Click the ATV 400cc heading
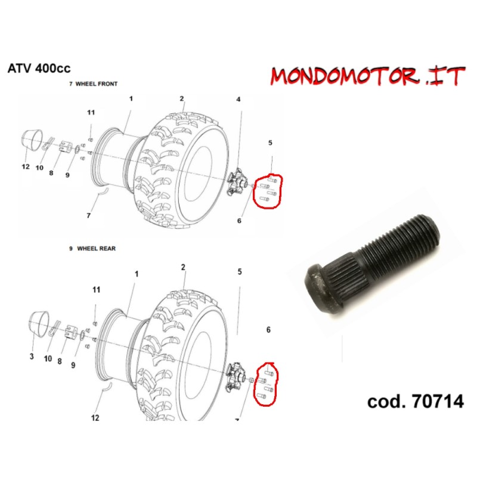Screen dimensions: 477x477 [x=39, y=68]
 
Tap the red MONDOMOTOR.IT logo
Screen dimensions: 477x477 [x=368, y=76]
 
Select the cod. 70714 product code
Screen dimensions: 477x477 [x=416, y=401]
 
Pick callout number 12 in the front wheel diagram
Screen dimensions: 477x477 [x=26, y=167]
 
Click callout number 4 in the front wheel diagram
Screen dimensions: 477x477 [x=238, y=99]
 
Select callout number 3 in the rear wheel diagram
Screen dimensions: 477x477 [x=32, y=356]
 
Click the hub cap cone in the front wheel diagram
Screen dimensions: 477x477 [x=32, y=140]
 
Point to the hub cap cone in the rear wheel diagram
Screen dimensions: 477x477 [x=39, y=323]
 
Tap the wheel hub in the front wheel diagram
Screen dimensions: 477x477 [x=237, y=182]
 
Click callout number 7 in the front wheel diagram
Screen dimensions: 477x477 [x=88, y=216]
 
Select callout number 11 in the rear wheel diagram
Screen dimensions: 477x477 [x=96, y=290]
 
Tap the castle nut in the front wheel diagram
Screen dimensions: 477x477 [x=66, y=147]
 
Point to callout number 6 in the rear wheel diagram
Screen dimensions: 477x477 [x=268, y=330]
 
